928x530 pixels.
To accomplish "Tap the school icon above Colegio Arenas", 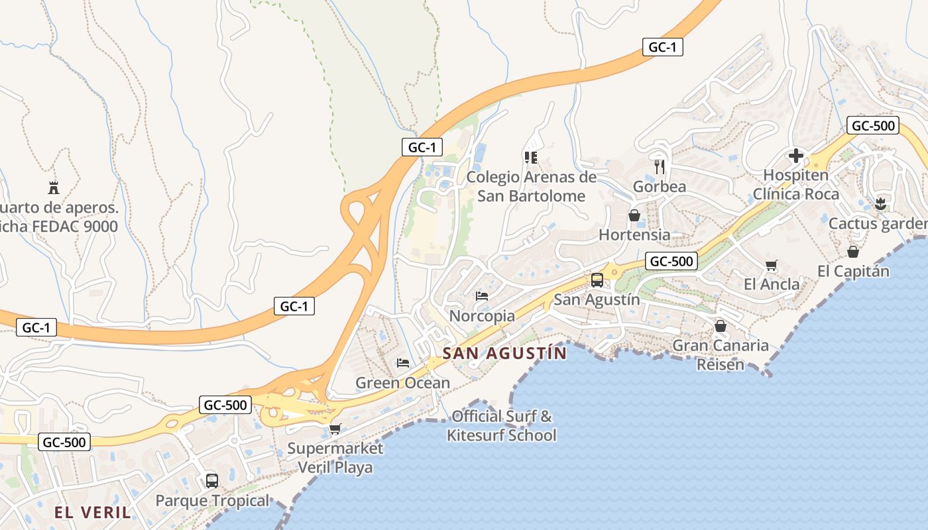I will (x=530, y=157).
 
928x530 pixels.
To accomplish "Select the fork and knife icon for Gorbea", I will (x=659, y=166).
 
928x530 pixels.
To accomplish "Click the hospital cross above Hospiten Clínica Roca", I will (x=795, y=156).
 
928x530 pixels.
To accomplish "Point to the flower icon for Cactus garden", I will (x=880, y=203).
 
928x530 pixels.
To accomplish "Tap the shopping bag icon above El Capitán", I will (x=853, y=252).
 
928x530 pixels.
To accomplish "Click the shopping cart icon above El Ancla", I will (x=771, y=265).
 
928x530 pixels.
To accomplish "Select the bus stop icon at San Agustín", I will (x=597, y=280).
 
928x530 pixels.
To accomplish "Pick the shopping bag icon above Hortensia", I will (x=634, y=215).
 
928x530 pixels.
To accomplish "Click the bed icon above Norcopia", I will (x=482, y=295).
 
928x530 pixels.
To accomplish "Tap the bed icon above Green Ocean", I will (x=402, y=362).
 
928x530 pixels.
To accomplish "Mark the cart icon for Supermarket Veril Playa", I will (x=335, y=429).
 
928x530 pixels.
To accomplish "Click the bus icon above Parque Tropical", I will (x=212, y=480).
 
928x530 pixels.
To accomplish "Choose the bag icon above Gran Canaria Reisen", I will (x=721, y=326).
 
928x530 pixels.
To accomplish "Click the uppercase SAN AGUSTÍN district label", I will (x=504, y=353).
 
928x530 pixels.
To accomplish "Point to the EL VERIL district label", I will (x=93, y=512).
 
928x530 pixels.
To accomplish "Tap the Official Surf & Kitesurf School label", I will (x=501, y=426).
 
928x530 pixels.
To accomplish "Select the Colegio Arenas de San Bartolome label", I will (x=532, y=186).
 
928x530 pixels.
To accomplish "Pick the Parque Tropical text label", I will (x=212, y=501).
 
